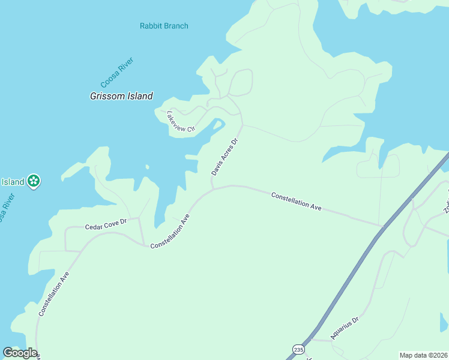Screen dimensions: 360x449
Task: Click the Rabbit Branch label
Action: (164, 26)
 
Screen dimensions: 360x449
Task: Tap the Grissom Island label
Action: (121, 96)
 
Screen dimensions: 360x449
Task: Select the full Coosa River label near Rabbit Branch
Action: (116, 73)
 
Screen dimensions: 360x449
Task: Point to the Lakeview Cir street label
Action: (181, 121)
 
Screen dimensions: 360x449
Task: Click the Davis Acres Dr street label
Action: (225, 156)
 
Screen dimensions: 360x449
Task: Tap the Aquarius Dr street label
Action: (343, 328)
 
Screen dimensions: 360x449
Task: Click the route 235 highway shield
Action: (298, 349)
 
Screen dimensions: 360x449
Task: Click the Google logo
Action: (20, 353)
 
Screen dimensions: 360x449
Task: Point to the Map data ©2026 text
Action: (424, 355)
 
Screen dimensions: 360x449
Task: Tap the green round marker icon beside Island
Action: (34, 181)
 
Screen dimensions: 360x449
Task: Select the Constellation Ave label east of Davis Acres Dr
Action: (296, 201)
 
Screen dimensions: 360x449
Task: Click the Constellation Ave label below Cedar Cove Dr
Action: (55, 294)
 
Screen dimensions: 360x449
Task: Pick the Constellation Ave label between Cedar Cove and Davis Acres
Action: (170, 232)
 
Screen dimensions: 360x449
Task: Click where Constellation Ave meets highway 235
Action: (382, 226)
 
